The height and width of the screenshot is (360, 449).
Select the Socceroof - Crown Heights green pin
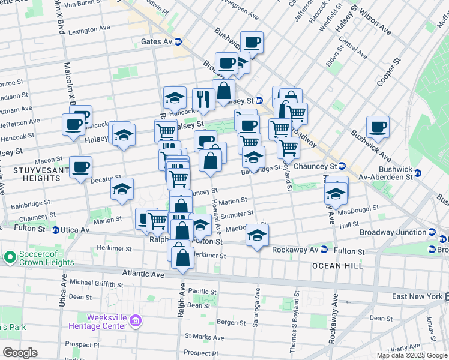(9, 257)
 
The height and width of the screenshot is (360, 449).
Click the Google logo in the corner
(20, 353)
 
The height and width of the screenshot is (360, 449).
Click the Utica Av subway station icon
(55, 230)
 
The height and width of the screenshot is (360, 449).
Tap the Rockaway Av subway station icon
(324, 249)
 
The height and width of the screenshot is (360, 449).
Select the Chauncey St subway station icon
(342, 166)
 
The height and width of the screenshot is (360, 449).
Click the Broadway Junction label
(393, 232)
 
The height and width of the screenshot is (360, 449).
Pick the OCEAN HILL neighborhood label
(333, 265)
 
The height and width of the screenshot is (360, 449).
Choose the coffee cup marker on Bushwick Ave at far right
(378, 127)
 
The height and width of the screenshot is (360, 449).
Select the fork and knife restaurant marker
(204, 99)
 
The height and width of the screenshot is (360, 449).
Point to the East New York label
(417, 296)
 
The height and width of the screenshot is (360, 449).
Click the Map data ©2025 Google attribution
(411, 355)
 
